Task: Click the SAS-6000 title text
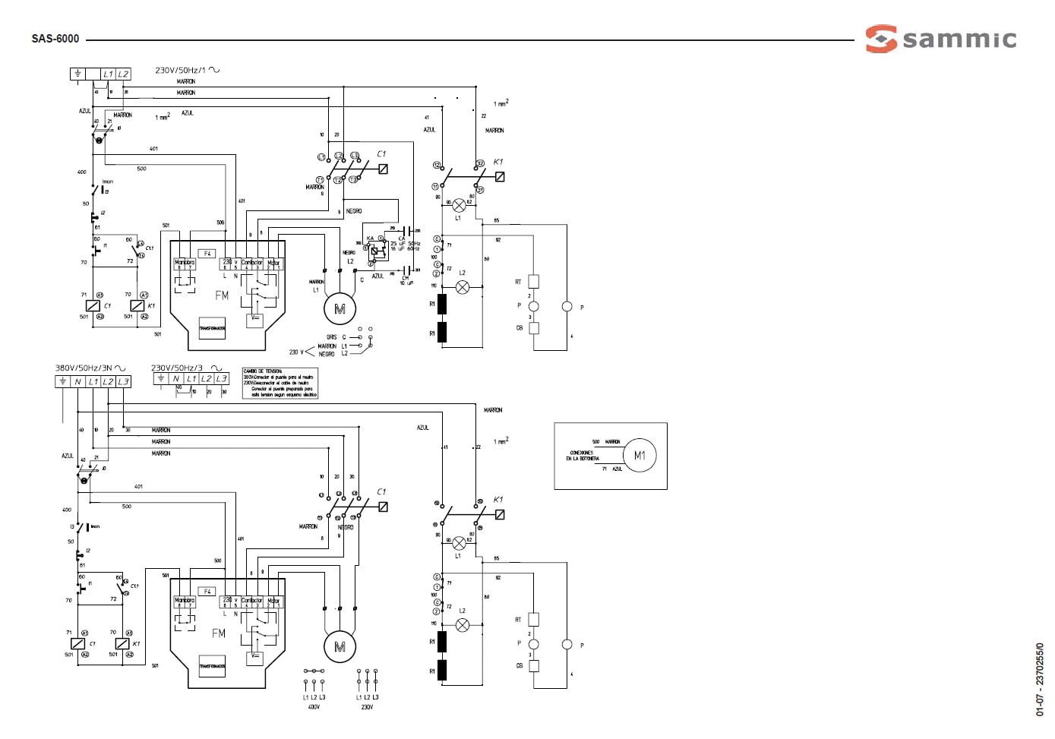[55, 39]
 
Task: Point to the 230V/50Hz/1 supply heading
[187, 70]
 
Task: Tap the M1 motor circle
[639, 456]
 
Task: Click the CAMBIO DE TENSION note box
[280, 384]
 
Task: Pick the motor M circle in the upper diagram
[340, 308]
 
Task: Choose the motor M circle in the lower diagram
[340, 646]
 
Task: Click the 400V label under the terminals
[314, 707]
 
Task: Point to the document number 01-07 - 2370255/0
[1040, 680]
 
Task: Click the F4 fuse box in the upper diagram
[207, 253]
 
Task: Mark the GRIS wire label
[331, 336]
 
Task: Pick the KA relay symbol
[374, 249]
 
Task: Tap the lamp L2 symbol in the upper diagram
[462, 287]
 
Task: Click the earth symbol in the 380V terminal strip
[62, 381]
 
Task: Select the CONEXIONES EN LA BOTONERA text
[583, 456]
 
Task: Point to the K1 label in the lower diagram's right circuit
[498, 500]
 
